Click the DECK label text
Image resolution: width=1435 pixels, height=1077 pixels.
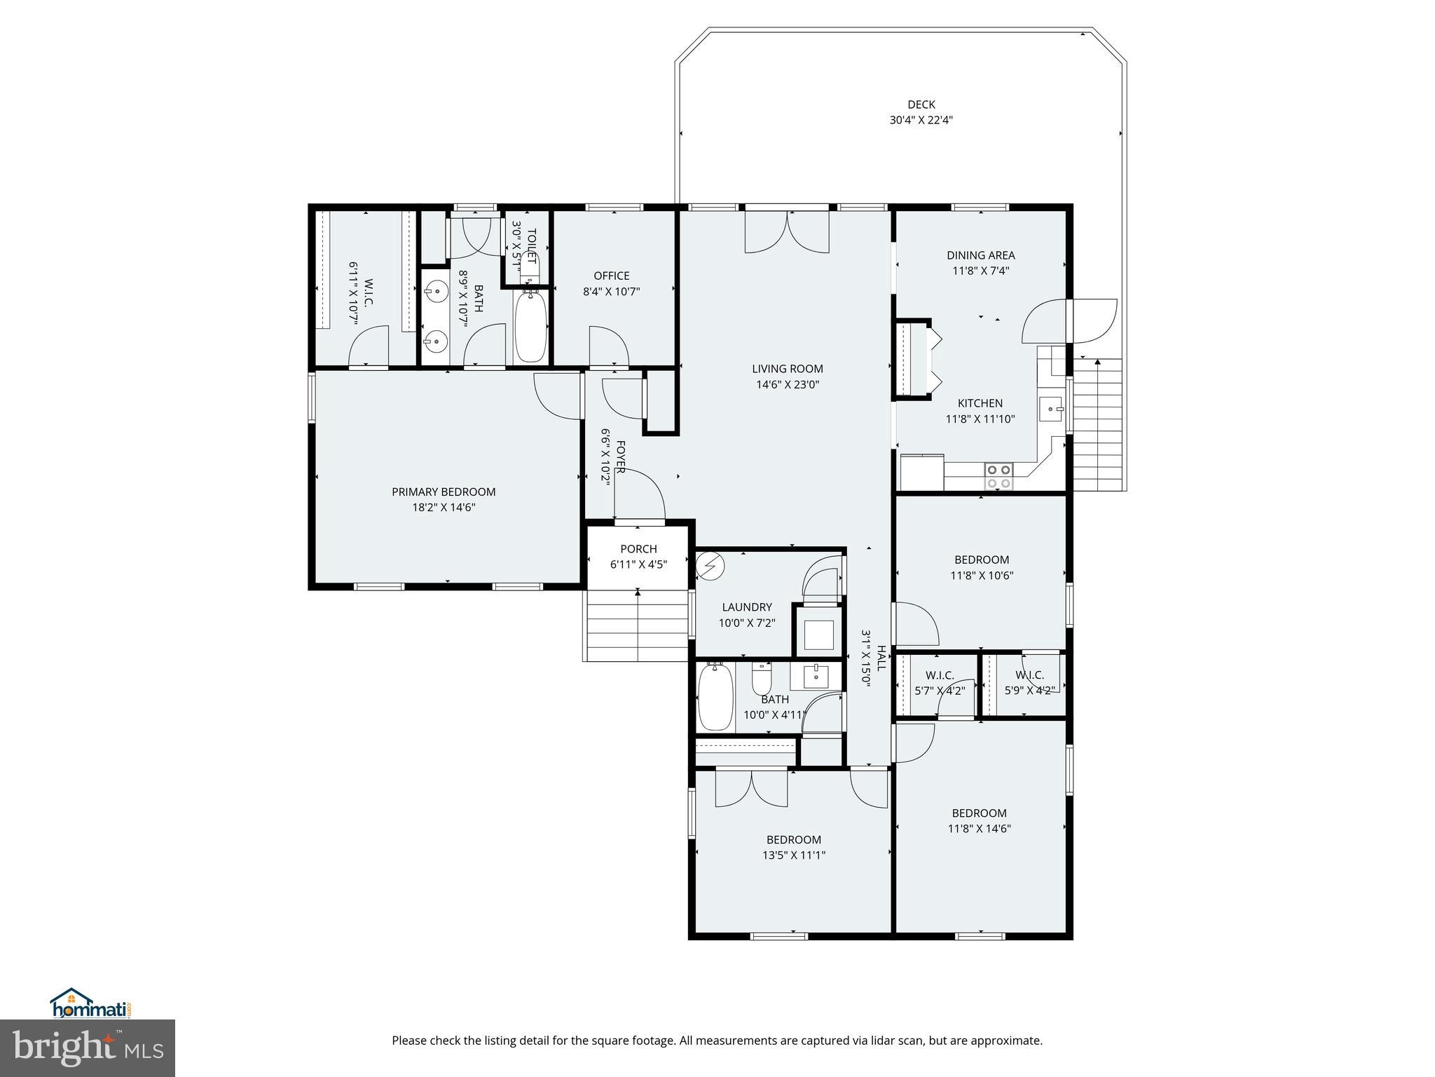pyautogui.click(x=921, y=104)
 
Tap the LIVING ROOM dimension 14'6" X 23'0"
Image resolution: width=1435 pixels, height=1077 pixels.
pyautogui.click(x=788, y=384)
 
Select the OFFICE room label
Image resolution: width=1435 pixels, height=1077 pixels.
pyautogui.click(x=611, y=276)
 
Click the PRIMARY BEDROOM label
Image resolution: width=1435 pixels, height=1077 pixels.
pyautogui.click(x=444, y=492)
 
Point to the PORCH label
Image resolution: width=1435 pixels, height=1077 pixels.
pyautogui.click(x=638, y=549)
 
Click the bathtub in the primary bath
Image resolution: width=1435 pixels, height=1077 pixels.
pyautogui.click(x=531, y=327)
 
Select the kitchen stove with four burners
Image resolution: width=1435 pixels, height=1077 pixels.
pyautogui.click(x=998, y=476)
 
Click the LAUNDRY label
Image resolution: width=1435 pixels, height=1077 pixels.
pyautogui.click(x=747, y=607)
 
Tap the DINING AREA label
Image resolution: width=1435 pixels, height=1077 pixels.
pyautogui.click(x=980, y=255)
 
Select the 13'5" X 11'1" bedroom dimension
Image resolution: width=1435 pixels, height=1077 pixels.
pyautogui.click(x=793, y=855)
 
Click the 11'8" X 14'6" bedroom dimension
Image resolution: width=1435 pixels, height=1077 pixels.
pyautogui.click(x=979, y=828)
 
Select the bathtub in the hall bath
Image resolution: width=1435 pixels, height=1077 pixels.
pyautogui.click(x=715, y=697)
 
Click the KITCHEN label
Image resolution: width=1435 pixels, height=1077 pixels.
pyautogui.click(x=980, y=403)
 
